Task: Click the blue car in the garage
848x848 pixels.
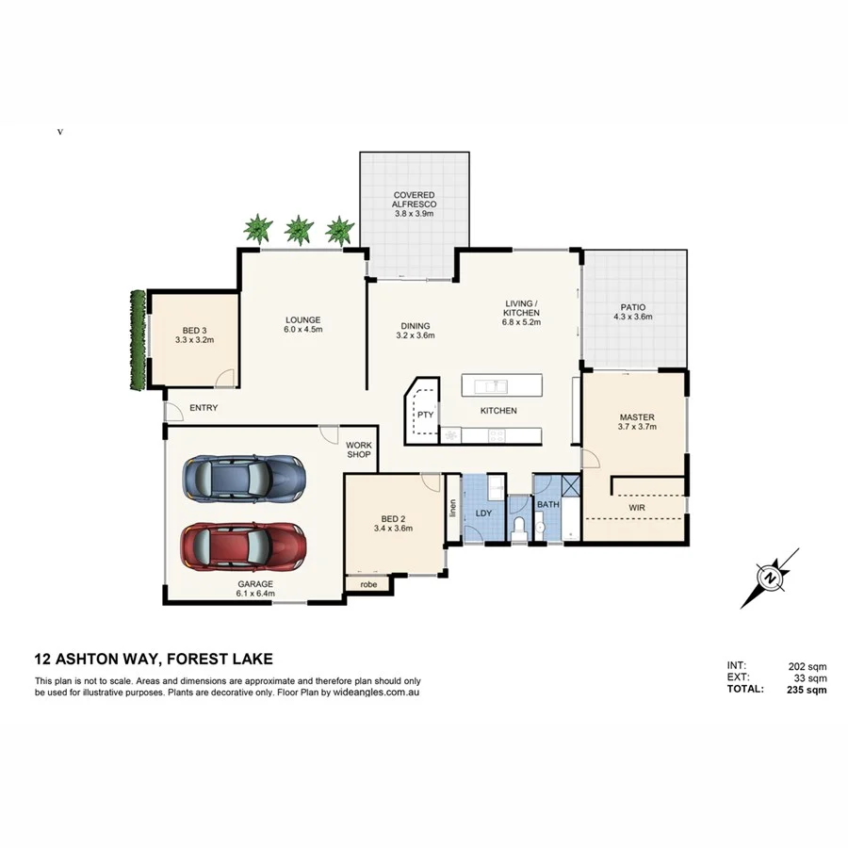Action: [244, 480]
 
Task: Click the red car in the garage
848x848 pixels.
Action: [243, 546]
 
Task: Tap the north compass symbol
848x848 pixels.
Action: [770, 577]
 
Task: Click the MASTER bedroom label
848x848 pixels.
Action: [636, 417]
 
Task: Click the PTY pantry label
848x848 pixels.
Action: [425, 414]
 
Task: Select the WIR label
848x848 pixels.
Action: [636, 507]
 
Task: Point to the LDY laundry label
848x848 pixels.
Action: [484, 514]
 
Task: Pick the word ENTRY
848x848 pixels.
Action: [204, 408]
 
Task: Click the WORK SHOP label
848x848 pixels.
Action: [359, 450]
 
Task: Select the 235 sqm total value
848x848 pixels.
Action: [807, 690]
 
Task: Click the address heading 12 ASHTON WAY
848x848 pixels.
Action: [154, 660]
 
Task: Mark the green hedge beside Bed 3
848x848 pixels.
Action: [138, 339]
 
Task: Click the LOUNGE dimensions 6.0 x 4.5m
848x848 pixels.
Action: [303, 330]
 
